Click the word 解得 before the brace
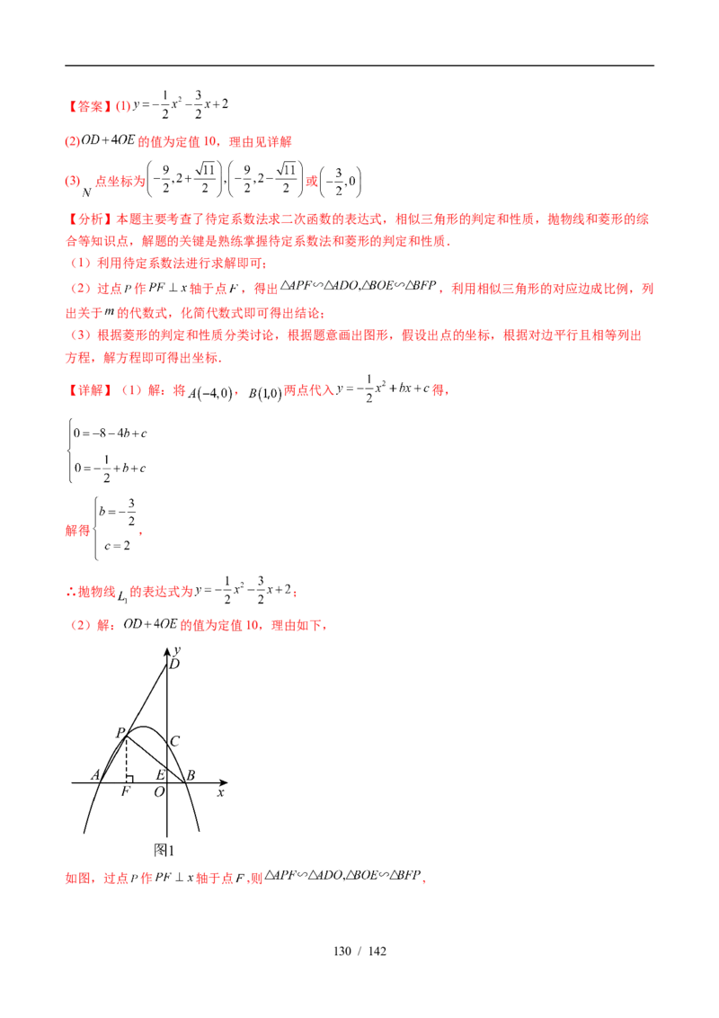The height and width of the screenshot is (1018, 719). (78, 531)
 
